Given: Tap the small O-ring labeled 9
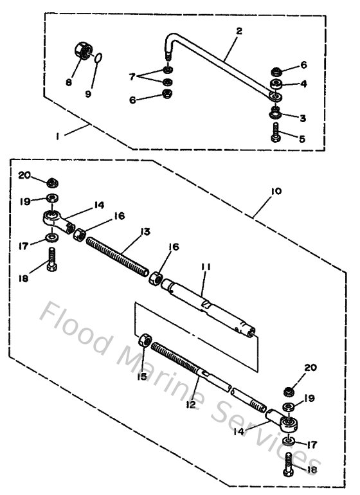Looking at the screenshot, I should coord(97,59).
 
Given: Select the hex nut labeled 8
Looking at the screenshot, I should coord(82,49).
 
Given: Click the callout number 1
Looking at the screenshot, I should coord(58,136).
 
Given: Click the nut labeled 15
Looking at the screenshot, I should coord(145,340).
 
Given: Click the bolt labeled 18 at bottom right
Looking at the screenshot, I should coord(287,465).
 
